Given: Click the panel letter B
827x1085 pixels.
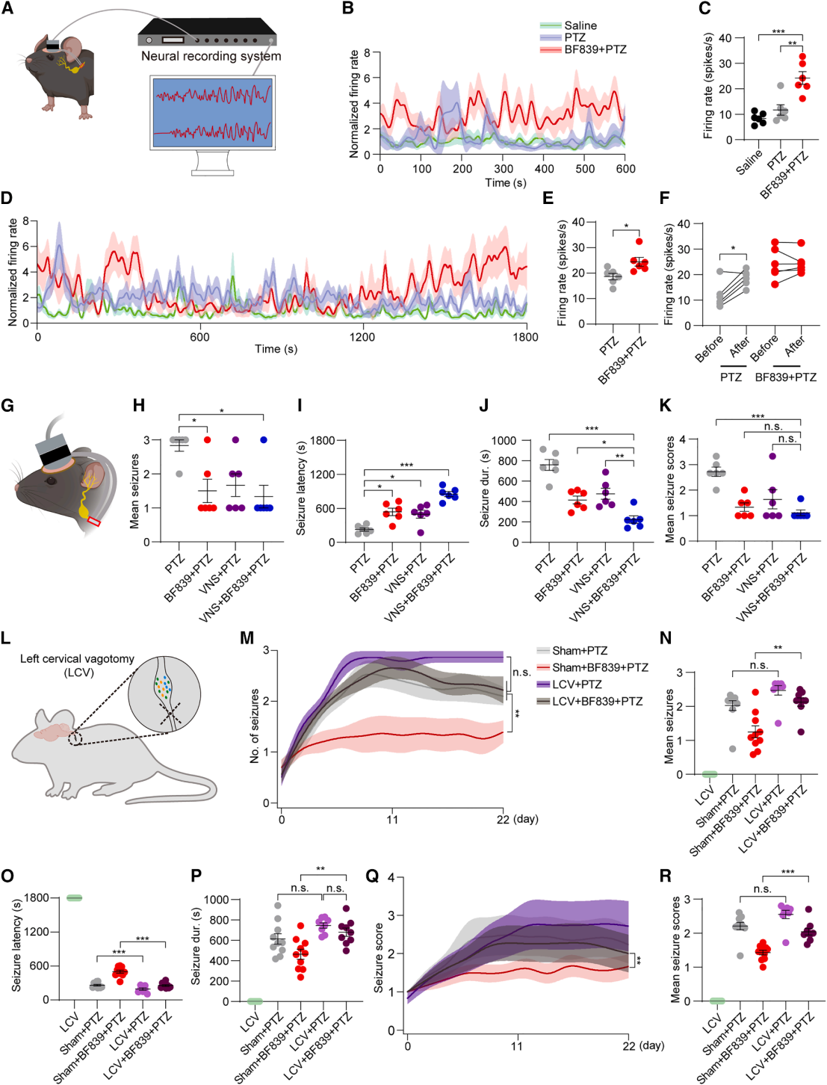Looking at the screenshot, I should point(347,9).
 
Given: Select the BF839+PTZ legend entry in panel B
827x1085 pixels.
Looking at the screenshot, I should point(595,49).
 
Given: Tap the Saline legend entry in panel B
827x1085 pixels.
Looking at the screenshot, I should point(580,25).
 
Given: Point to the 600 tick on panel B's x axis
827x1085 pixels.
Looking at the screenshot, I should point(625,169).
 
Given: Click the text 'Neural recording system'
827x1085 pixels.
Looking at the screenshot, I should point(211,56).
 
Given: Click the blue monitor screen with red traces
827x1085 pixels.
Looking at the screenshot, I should point(212,113).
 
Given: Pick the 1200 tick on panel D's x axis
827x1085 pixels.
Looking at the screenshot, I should point(362,337).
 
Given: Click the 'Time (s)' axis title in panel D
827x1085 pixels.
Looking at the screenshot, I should point(276,349).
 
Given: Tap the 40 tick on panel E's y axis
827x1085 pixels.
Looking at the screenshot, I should point(577,222).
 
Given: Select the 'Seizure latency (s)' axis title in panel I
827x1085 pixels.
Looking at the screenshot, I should point(301,489).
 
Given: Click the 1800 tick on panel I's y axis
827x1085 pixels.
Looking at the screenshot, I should point(323,440).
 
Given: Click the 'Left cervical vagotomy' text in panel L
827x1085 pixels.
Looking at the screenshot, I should point(77,659).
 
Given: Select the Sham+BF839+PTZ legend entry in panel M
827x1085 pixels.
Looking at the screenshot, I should point(600,667).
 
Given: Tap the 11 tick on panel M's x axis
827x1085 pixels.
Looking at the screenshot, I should point(392,819).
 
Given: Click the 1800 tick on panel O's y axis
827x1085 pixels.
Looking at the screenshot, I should point(36,897).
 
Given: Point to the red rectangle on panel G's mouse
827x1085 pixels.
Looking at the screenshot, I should point(94,521).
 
